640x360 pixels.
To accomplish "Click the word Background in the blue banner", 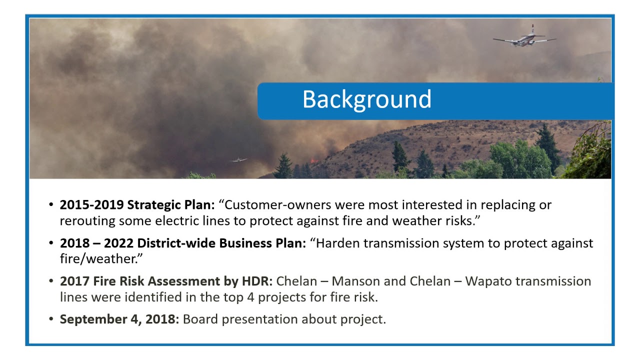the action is point(367,99).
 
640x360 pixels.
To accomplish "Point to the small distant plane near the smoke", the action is point(238,160).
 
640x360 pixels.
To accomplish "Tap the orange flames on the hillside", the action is point(314,161).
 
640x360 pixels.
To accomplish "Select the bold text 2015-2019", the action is point(91,205).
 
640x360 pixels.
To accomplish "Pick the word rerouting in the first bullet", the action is point(87,221).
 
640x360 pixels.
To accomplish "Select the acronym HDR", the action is point(257,281).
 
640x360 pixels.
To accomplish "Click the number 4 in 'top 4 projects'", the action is point(250,297).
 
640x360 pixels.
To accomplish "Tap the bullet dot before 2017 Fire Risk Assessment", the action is point(51,281).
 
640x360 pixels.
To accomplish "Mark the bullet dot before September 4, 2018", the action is point(51,319).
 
